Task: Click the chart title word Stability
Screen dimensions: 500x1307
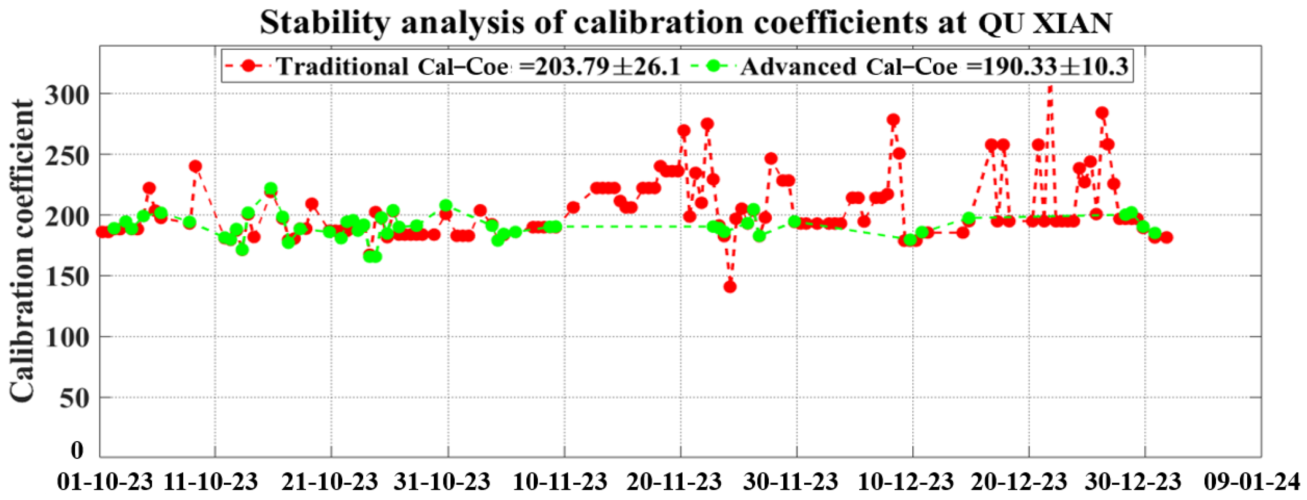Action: pyautogui.click(x=325, y=23)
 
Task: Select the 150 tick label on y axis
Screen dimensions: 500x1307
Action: pyautogui.click(x=66, y=277)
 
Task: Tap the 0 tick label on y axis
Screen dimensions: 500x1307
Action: pyautogui.click(x=77, y=451)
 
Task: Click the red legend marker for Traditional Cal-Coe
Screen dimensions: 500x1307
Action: pyautogui.click(x=249, y=66)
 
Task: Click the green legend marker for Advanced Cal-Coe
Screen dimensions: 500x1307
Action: pyautogui.click(x=714, y=66)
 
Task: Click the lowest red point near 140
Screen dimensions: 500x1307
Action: pyautogui.click(x=730, y=287)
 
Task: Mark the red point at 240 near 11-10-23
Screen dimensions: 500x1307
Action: pyautogui.click(x=195, y=166)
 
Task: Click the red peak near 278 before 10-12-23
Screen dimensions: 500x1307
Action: pyautogui.click(x=893, y=120)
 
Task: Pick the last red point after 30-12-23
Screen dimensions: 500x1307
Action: pyautogui.click(x=1166, y=237)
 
